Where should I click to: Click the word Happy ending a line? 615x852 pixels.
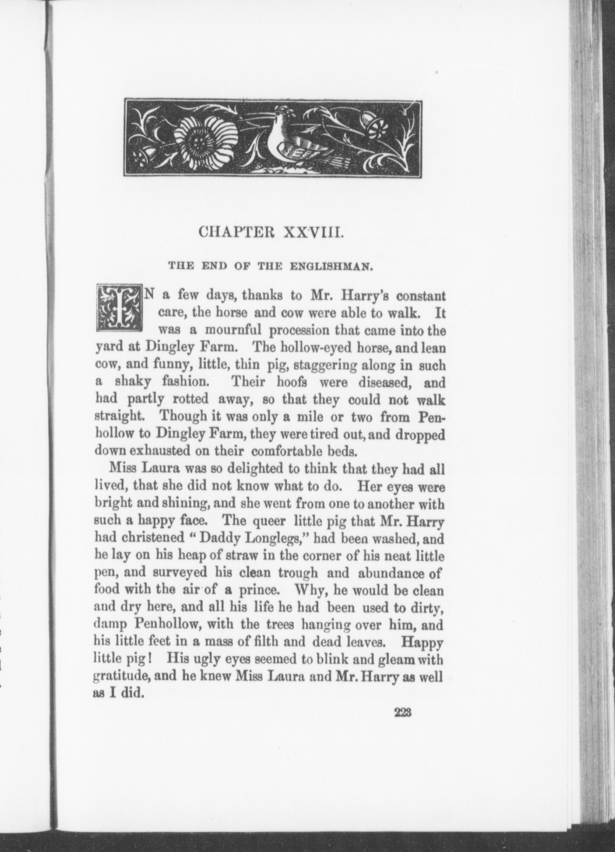click(422, 643)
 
